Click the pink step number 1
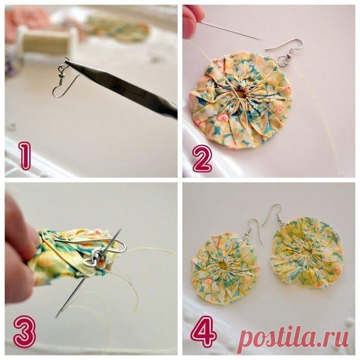tap(25, 156)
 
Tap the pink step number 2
tap(202, 159)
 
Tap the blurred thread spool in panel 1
tap(47, 41)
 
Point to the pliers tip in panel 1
tap(66, 61)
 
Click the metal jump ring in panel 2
tap(285, 60)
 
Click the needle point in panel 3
tap(56, 317)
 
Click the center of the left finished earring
tap(223, 266)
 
